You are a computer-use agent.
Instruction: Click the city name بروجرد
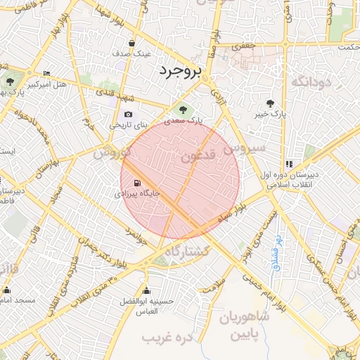180,71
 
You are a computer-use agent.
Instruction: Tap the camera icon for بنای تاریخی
128,115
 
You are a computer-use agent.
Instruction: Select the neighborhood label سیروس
244,148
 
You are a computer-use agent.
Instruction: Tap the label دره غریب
167,339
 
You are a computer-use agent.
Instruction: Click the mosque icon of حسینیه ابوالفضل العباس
146,290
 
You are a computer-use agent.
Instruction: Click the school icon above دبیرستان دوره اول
289,164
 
